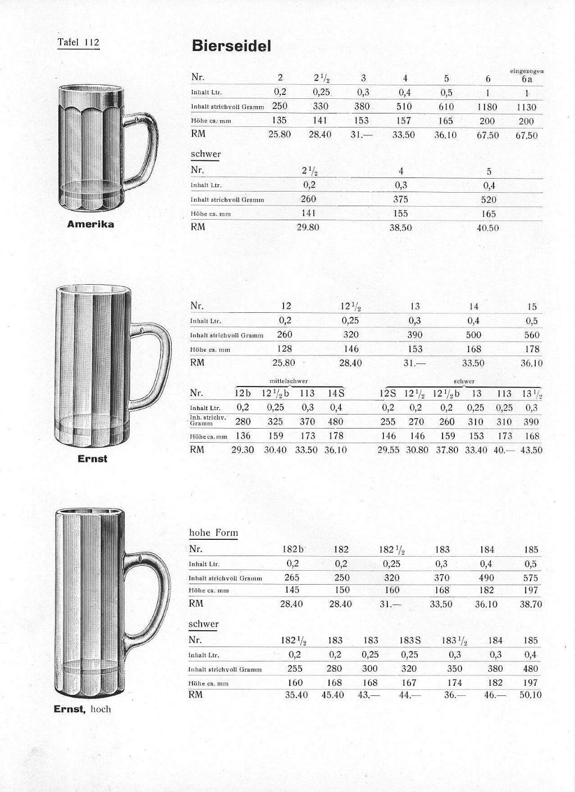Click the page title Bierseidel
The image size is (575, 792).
pyautogui.click(x=231, y=46)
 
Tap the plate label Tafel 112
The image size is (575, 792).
pyautogui.click(x=79, y=43)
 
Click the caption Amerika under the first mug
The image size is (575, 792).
pyautogui.click(x=90, y=224)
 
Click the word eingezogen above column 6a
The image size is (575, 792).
pyautogui.click(x=526, y=71)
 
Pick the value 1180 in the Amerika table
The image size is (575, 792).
pyautogui.click(x=487, y=107)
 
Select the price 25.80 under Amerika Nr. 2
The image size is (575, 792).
pyautogui.click(x=280, y=135)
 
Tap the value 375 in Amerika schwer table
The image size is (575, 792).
pyautogui.click(x=400, y=199)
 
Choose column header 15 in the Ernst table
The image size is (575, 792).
pyautogui.click(x=532, y=307)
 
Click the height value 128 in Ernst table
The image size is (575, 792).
pyautogui.click(x=285, y=349)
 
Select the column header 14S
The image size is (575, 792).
pyautogui.click(x=336, y=393)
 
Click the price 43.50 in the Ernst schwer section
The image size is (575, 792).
pyautogui.click(x=531, y=450)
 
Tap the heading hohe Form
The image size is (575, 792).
pyautogui.click(x=213, y=532)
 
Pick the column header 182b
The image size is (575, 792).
pyautogui.click(x=293, y=549)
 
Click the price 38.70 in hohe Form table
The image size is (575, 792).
pyautogui.click(x=531, y=604)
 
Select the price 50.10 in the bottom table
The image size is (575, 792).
pyautogui.click(x=531, y=695)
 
